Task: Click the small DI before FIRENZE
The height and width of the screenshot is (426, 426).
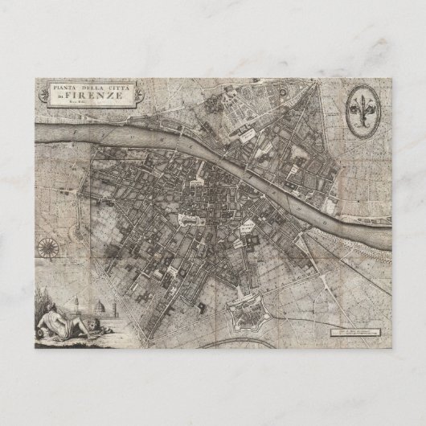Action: [x=70, y=96]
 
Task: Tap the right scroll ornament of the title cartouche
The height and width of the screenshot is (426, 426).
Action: [x=138, y=92]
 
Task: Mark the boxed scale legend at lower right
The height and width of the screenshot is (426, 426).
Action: [x=352, y=330]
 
